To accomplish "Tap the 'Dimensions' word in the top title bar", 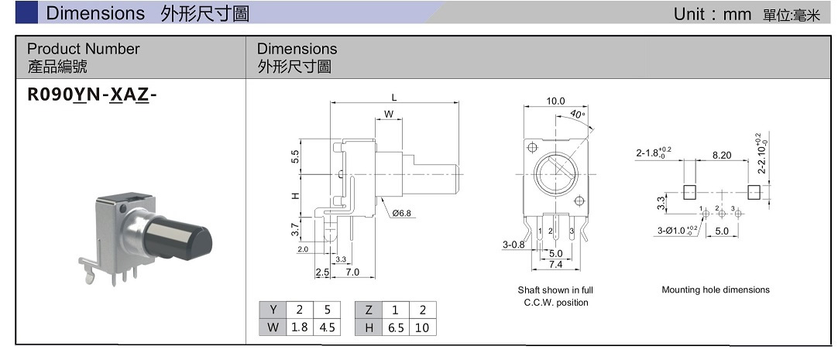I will pos(95,12).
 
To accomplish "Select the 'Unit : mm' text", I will pos(708,13).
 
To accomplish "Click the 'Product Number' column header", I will pos(84,49).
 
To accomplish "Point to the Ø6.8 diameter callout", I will pos(400,212).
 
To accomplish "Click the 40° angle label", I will pos(577,115).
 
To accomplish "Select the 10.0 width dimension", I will pos(555,101).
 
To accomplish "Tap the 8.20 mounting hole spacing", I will pos(721,155).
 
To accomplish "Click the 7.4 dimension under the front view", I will pos(555,265).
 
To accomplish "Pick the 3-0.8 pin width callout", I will pos(513,245).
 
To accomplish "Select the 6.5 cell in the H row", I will pos(396,327).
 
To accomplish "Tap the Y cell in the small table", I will pos(273,310).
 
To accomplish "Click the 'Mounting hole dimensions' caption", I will pos(716,290).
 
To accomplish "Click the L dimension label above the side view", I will pos(393,98).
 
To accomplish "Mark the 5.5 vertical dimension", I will pos(295,157).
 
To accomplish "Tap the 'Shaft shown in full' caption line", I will pos(555,290).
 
